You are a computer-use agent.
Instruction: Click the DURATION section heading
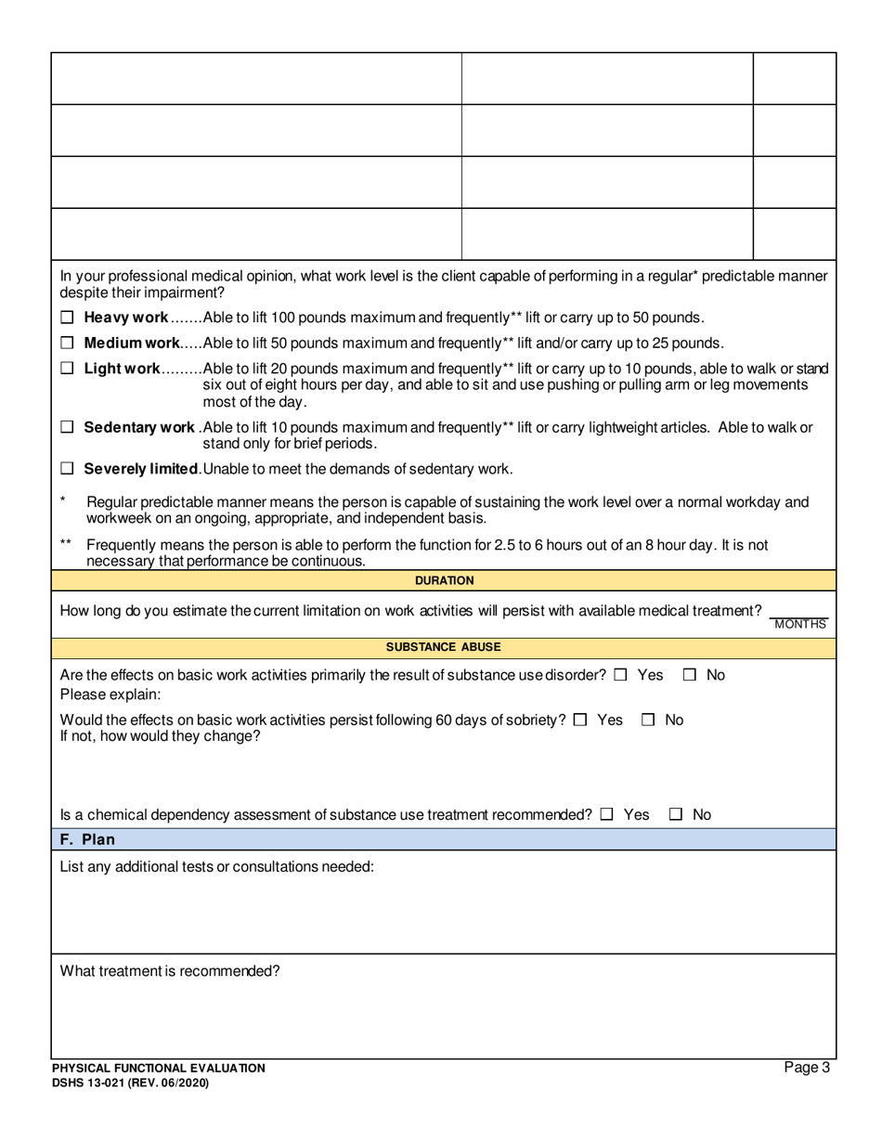pos(444,580)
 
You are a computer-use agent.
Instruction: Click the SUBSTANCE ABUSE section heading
pos(444,646)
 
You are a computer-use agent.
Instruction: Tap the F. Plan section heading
pos(89,839)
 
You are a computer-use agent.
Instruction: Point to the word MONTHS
pos(799,625)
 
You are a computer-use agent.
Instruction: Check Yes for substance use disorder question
pos(620,676)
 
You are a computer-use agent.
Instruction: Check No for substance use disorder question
pos(690,676)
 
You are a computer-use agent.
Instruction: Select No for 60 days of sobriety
pos(650,720)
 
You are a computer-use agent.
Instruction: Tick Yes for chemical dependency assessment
pos(606,815)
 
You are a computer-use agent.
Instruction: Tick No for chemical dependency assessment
pos(677,815)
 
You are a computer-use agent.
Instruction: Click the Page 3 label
pos(807,1068)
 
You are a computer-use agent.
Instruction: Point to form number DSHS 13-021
pos(130,1083)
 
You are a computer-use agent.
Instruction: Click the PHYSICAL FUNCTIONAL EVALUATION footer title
pos(158,1069)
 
